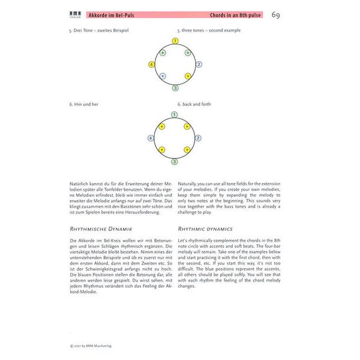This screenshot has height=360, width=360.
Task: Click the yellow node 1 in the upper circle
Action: click(175, 41)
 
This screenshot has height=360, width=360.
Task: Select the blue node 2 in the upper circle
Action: click(199, 64)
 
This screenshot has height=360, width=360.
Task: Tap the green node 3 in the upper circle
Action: click(175, 88)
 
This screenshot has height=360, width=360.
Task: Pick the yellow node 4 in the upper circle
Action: click(152, 64)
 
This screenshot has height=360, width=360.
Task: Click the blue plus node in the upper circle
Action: click(163, 76)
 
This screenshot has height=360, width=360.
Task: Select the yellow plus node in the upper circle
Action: click(188, 76)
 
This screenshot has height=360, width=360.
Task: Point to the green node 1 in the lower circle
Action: click(175, 114)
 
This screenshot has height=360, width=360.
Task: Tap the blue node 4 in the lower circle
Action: click(151, 138)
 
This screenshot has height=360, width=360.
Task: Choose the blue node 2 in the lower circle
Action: click(198, 138)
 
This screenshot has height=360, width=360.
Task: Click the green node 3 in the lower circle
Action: click(175, 161)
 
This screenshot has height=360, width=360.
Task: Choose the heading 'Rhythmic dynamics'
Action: click(206, 229)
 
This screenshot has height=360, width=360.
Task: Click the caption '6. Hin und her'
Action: click(83, 104)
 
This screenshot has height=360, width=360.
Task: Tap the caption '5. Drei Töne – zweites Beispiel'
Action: click(99, 30)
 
